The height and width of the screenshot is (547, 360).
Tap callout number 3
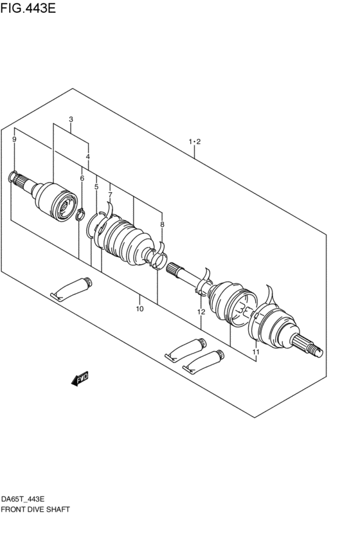point(71,120)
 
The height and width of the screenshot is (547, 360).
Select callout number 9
point(14,139)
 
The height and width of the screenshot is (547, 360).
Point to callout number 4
point(88,157)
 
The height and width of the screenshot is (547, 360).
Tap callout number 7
point(110,195)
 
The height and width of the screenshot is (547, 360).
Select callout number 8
point(162,224)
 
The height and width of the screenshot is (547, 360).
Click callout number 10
point(139,309)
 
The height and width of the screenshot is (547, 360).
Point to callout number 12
point(201,312)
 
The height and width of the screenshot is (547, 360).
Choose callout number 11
point(255,352)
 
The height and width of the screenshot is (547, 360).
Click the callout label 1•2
point(195,141)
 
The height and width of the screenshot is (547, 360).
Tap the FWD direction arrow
point(80,380)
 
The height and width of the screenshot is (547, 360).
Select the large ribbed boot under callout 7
point(125,242)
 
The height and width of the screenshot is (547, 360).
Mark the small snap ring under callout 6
point(80,213)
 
